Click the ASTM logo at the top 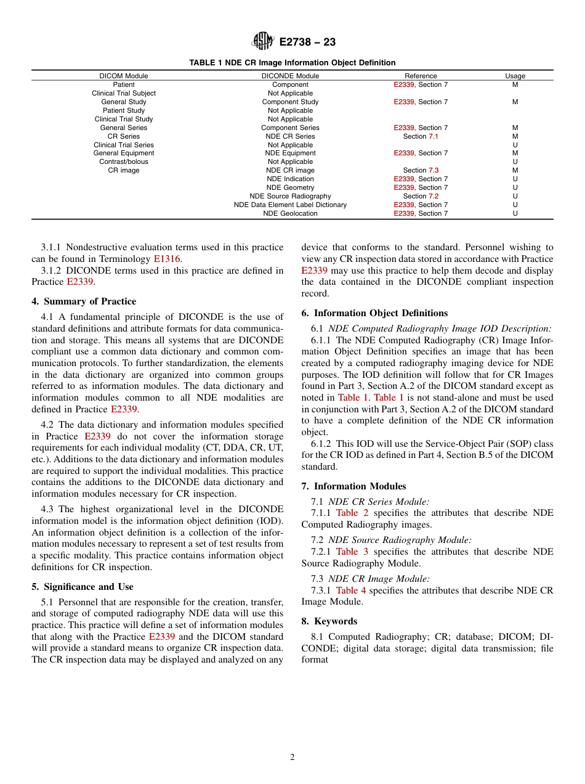click(x=263, y=42)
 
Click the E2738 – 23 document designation click(x=307, y=43)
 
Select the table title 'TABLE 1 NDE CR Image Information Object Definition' click(x=292, y=63)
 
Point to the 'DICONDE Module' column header click(x=290, y=76)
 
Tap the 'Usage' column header click(x=515, y=76)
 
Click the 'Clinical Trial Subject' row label click(x=124, y=94)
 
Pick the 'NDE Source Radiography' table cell click(x=290, y=196)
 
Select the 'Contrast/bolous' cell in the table click(x=124, y=162)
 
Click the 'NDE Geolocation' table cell click(x=290, y=213)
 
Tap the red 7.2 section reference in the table click(x=434, y=196)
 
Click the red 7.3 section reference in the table click(x=434, y=170)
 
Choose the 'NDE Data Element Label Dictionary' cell click(x=290, y=205)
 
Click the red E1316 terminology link click(x=167, y=259)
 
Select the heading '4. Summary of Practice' click(x=84, y=301)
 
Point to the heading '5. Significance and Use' click(x=83, y=587)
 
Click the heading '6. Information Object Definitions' click(x=374, y=313)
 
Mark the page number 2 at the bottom click(x=292, y=757)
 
